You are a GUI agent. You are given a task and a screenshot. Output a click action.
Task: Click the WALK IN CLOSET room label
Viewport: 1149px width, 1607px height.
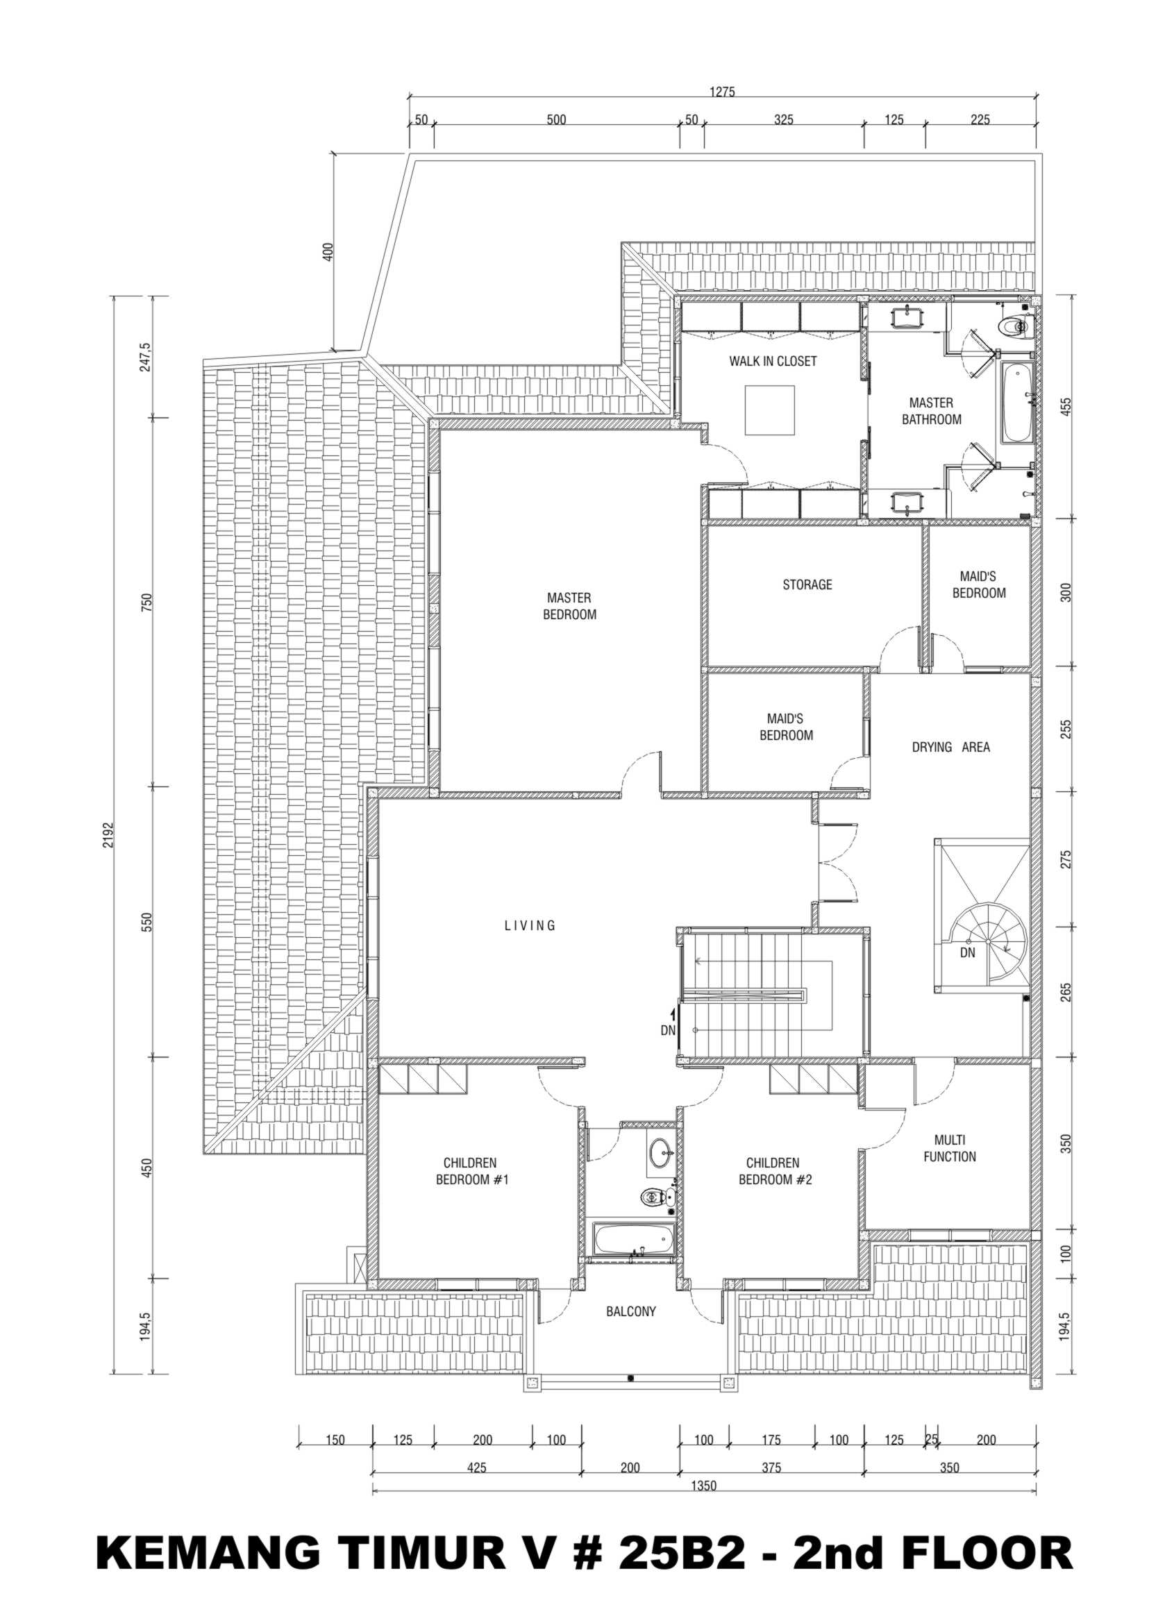click(773, 362)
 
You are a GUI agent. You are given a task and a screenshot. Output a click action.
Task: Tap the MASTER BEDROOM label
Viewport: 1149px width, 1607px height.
click(569, 606)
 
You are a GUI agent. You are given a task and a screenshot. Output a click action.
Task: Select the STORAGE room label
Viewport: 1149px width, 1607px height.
click(807, 585)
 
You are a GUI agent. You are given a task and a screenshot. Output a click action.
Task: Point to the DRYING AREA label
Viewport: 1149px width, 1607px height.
click(950, 747)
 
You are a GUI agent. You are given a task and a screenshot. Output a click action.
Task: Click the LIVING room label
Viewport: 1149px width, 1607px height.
click(530, 925)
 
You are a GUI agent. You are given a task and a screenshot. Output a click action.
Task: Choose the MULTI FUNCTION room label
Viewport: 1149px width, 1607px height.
click(950, 1148)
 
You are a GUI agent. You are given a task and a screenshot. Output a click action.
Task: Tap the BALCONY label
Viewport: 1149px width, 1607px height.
click(631, 1311)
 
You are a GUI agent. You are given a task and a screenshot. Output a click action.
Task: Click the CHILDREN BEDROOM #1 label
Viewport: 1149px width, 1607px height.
click(472, 1170)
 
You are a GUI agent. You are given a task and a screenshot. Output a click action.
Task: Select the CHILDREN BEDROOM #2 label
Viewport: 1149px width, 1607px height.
click(775, 1170)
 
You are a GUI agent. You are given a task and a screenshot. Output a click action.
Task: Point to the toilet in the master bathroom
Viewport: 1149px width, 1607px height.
click(1014, 327)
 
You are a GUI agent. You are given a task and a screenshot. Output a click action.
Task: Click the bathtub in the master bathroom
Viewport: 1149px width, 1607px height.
click(1016, 402)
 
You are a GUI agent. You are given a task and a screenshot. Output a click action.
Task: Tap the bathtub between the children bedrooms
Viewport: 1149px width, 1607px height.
click(632, 1239)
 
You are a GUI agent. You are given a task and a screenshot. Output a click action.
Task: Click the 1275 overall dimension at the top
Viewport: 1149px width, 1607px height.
click(722, 91)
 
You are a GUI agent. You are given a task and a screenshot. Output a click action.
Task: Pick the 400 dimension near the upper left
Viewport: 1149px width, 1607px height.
click(327, 252)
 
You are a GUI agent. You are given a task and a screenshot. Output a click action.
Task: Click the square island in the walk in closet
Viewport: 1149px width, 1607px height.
click(770, 410)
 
